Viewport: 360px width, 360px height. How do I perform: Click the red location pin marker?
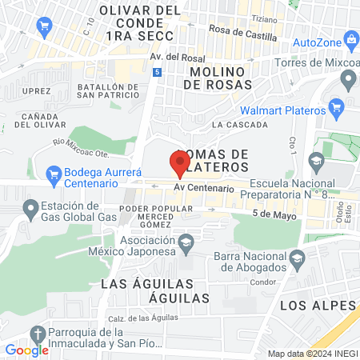(x=179, y=163)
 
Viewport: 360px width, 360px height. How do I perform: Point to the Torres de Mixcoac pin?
(x=348, y=79)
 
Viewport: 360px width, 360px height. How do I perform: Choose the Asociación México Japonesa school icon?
(x=186, y=242)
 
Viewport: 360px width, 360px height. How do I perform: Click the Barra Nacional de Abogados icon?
(x=298, y=258)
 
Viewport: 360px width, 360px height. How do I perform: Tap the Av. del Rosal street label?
(x=173, y=58)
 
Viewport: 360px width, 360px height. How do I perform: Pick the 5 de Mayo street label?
(x=270, y=214)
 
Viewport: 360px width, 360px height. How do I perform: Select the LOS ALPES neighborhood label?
(x=317, y=306)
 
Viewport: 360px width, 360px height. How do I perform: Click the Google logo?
(x=26, y=350)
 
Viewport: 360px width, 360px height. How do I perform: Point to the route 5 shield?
(x=157, y=72)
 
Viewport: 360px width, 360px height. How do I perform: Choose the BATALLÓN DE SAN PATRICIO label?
(x=108, y=91)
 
